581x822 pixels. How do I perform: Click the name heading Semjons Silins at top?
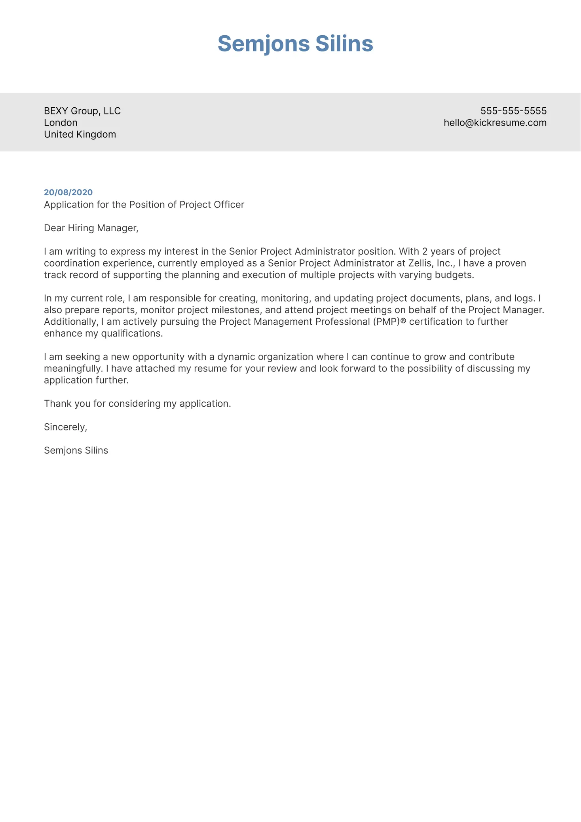tap(295, 44)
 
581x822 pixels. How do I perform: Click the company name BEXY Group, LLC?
tap(82, 111)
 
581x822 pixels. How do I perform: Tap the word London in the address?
tap(61, 123)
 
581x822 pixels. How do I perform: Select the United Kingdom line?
tap(80, 135)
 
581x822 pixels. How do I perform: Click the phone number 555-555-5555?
tap(513, 111)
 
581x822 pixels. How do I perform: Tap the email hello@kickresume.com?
tap(495, 123)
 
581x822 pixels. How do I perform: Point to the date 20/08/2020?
tap(68, 192)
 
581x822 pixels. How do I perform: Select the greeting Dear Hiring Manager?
tap(91, 228)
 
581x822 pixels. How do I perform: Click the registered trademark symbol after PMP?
tap(403, 321)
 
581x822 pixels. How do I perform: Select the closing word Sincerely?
tap(65, 427)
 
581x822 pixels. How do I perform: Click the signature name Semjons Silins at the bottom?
tap(76, 451)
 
